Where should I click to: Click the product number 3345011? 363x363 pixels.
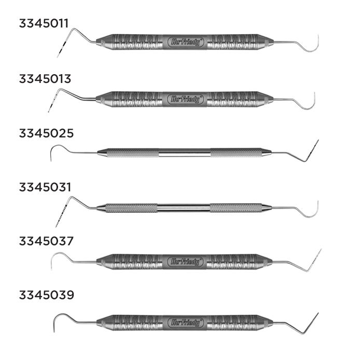coord(45,24)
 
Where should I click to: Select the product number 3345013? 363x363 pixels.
coord(45,79)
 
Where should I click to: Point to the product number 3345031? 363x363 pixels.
coord(45,187)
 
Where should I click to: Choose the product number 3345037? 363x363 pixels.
coord(45,241)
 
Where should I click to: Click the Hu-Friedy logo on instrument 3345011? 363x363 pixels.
coord(185,42)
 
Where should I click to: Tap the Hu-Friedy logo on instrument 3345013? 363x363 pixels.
coord(185,99)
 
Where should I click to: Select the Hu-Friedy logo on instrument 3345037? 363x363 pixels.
coord(185,261)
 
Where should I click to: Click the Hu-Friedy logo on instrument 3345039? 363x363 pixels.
coord(185,322)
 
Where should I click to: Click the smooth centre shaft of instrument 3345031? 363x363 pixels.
coord(184,208)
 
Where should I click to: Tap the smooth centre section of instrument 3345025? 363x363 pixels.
coord(184,152)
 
